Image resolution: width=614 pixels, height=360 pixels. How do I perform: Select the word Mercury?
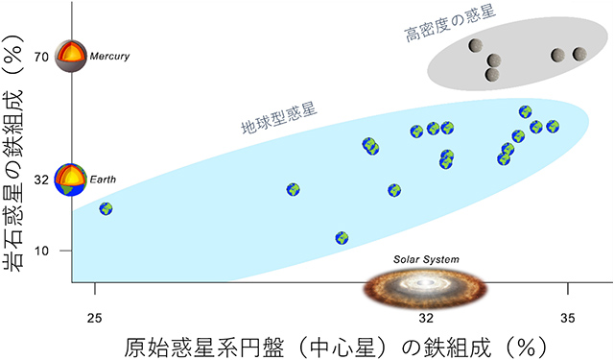(108, 57)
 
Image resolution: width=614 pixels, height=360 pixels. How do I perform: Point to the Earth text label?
(102, 180)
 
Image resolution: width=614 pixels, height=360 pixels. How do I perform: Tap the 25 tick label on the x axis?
(94, 317)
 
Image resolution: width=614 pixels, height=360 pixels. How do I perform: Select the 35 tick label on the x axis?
(568, 317)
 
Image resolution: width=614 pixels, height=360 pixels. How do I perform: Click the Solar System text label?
(427, 259)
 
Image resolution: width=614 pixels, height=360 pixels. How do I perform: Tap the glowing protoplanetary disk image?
(427, 284)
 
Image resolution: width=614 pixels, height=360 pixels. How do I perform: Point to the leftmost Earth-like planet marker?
(106, 208)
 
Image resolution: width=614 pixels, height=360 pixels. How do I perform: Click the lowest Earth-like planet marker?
(342, 238)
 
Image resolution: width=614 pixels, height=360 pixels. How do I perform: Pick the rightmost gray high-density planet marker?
(579, 55)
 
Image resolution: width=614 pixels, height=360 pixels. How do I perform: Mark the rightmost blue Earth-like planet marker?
(552, 127)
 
